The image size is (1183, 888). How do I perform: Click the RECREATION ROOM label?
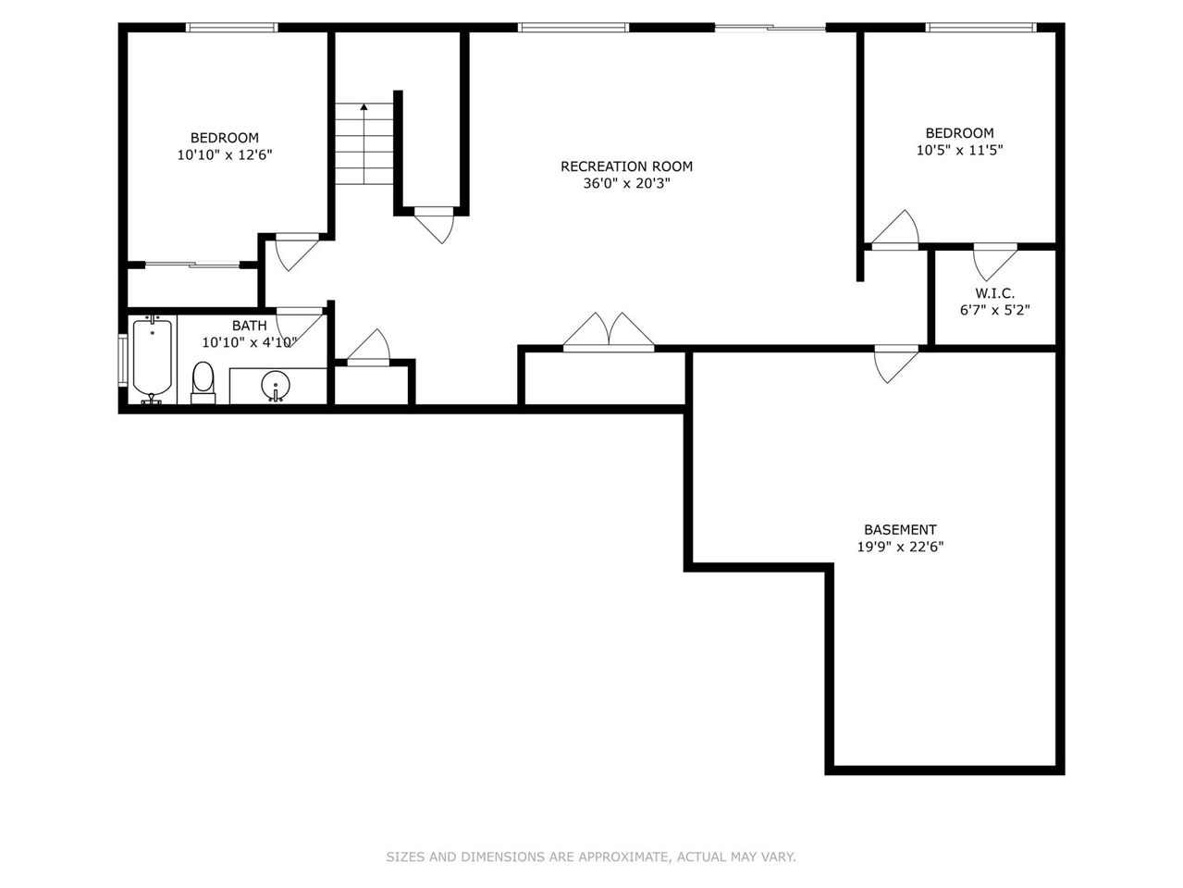point(626,166)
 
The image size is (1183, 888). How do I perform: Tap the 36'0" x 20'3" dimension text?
point(626,183)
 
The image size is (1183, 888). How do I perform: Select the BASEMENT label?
point(900,530)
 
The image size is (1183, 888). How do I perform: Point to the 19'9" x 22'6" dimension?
point(900,547)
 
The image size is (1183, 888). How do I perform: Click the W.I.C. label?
point(994,293)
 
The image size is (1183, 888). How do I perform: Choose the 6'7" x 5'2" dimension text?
point(994,310)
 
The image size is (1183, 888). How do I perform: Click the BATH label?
point(249,326)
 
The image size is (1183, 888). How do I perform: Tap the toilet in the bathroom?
point(203,381)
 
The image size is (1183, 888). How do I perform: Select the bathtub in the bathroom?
point(153,360)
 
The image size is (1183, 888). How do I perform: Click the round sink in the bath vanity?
point(275,383)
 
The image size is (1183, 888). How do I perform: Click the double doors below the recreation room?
point(609,334)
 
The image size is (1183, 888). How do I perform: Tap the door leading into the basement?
point(896,362)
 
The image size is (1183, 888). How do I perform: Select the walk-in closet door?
point(994,259)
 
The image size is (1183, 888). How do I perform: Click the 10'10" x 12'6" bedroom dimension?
point(225,155)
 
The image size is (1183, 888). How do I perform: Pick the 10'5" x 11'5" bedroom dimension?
point(959,150)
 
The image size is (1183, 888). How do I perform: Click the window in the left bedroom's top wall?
point(231,28)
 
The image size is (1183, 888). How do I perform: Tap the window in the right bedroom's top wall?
point(981,28)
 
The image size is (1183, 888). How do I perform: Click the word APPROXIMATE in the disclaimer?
point(610,857)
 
